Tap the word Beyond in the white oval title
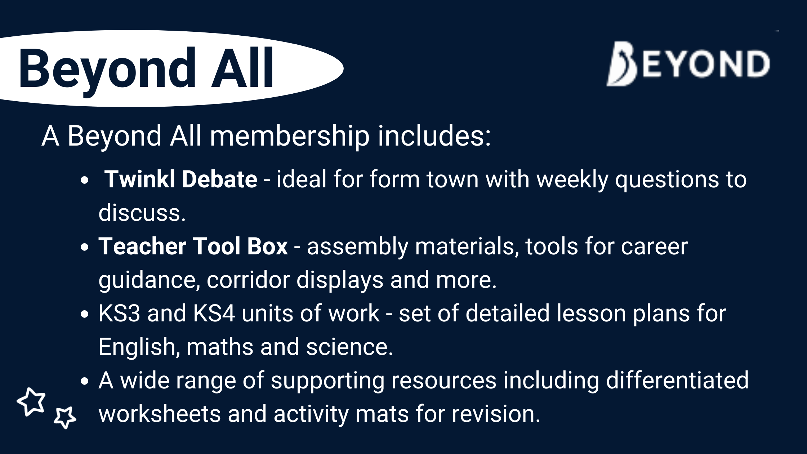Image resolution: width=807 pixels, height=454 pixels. [107, 71]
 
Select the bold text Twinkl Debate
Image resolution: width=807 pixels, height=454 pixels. [181, 179]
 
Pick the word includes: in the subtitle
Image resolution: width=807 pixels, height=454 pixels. [434, 135]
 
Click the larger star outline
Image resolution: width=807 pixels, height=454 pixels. [31, 402]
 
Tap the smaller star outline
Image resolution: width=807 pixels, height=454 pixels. [65, 418]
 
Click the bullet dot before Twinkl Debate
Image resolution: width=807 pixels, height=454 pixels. [85, 180]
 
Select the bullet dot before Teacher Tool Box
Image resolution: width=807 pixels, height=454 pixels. [85, 247]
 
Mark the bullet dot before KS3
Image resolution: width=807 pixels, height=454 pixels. [85, 314]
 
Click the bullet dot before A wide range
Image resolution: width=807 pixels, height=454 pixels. [85, 381]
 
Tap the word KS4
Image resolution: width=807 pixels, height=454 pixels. [214, 313]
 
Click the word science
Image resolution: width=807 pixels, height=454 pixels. [349, 347]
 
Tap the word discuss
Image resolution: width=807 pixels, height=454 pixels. [142, 213]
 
